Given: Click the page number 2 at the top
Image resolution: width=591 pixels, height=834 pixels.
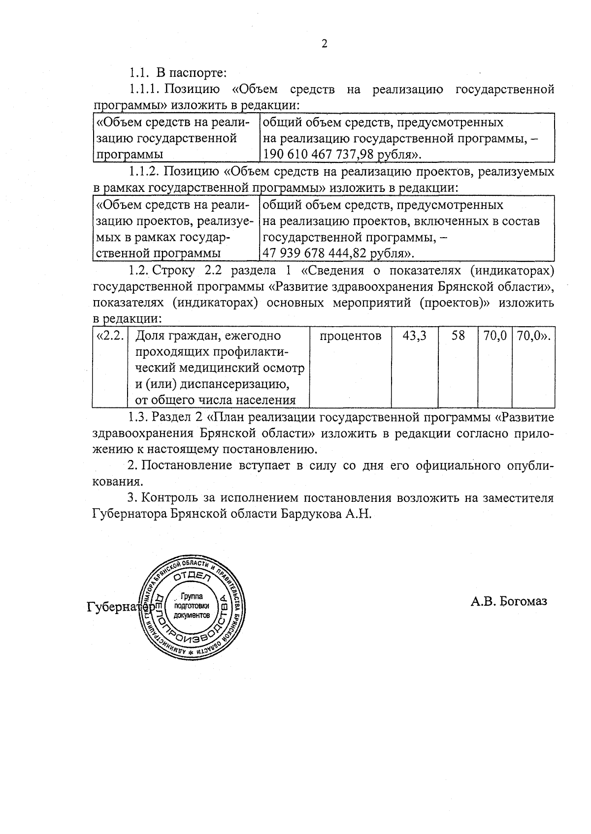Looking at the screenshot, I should coord(324,44).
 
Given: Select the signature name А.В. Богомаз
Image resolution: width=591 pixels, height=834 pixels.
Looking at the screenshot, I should coord(509,601).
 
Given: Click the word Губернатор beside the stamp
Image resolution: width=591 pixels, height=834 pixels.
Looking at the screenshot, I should coord(118,607).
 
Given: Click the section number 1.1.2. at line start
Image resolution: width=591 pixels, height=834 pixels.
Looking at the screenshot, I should coord(144,172).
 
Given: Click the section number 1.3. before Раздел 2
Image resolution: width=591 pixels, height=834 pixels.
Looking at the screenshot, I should coord(138,418).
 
